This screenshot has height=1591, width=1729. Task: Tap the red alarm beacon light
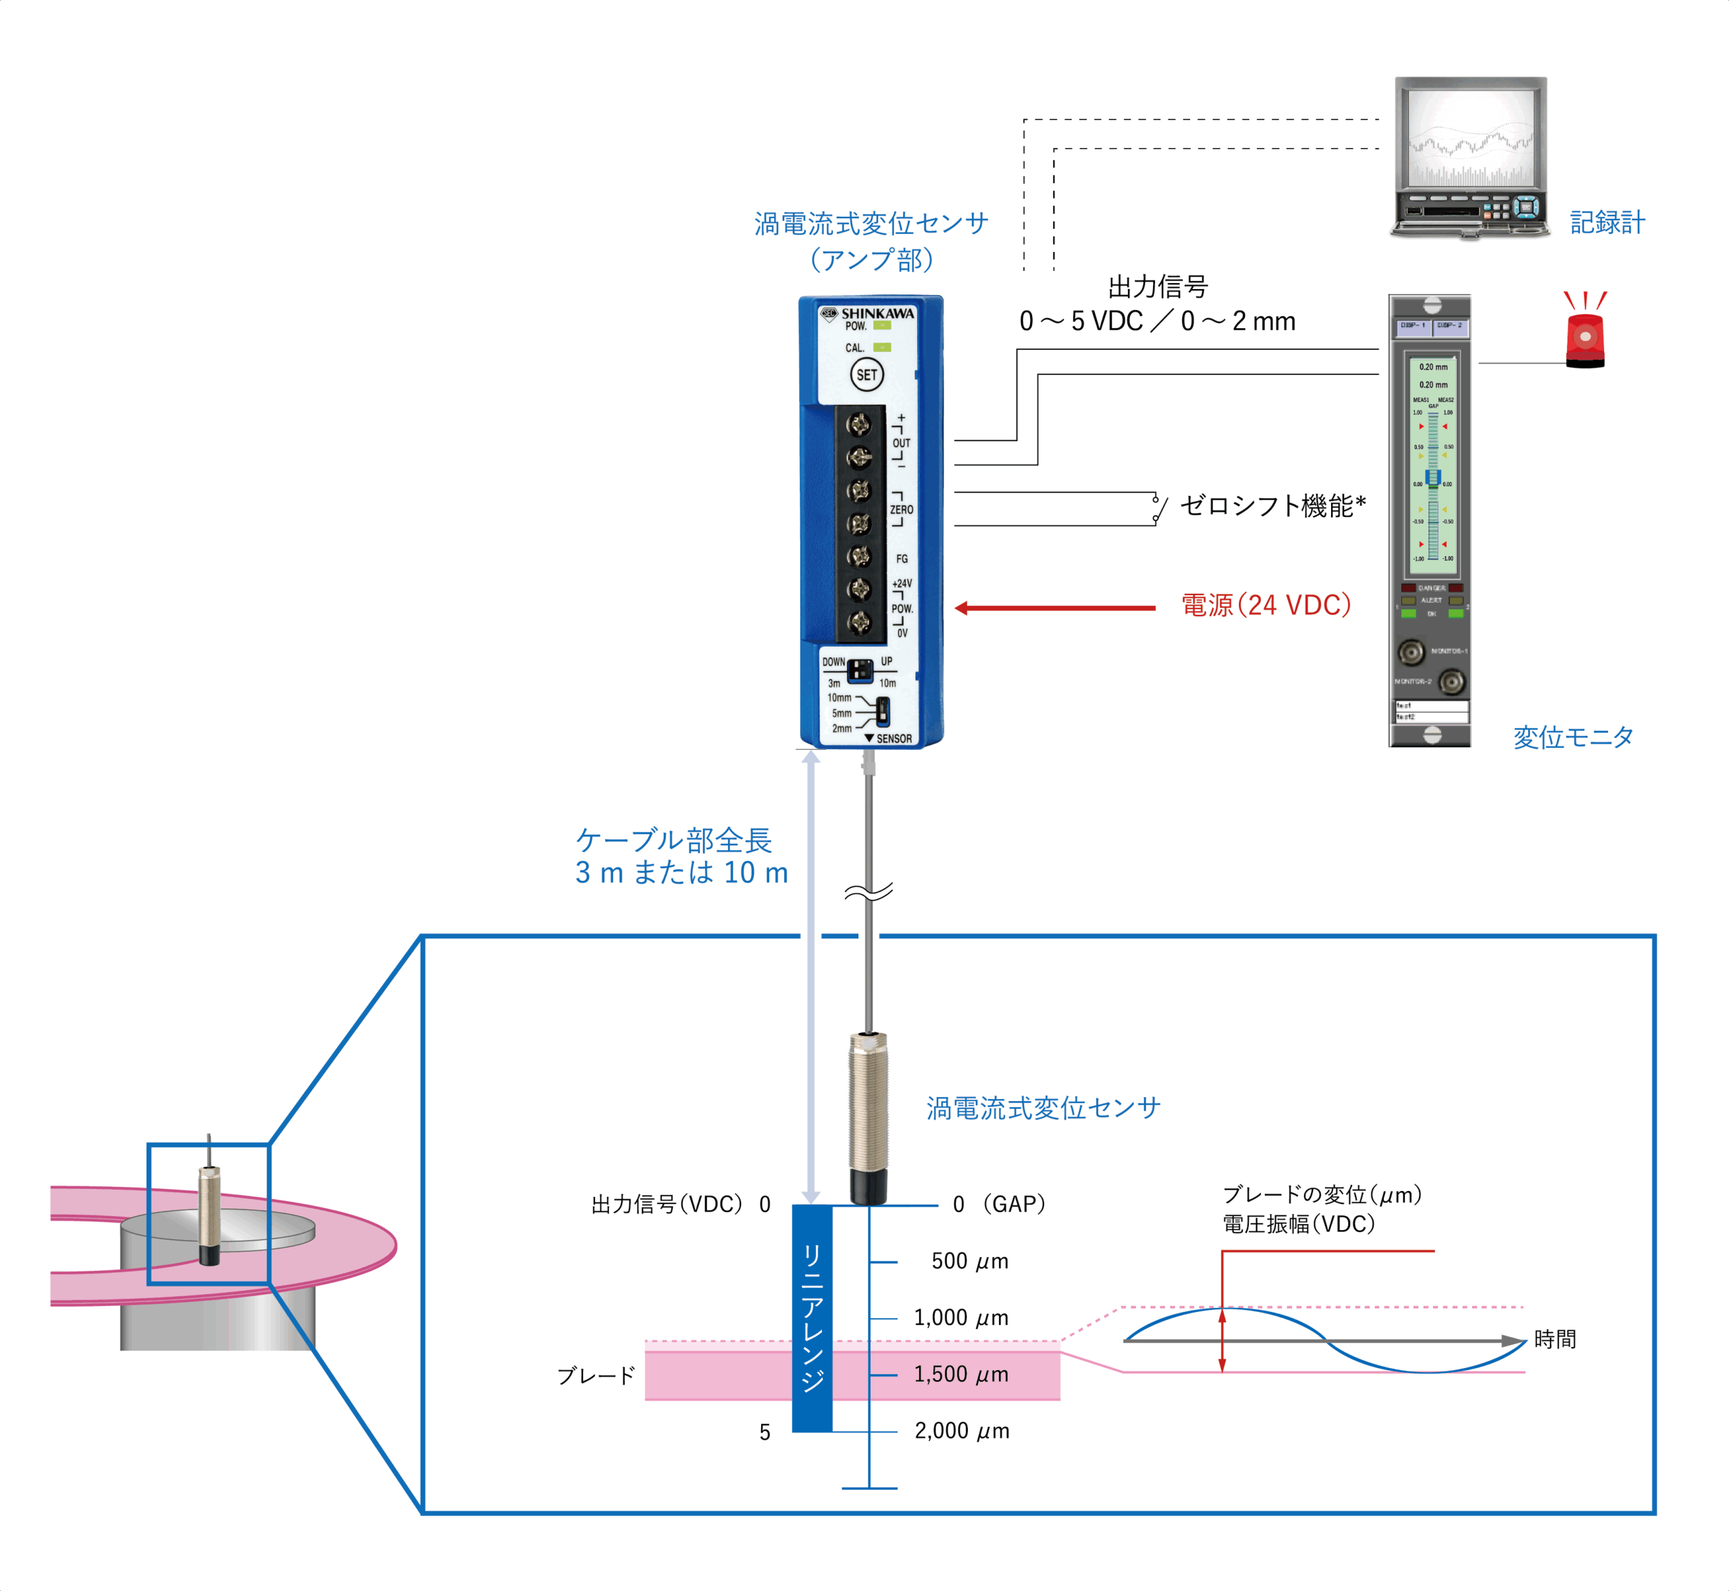coord(1584,338)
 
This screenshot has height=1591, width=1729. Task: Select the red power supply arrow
coord(1054,608)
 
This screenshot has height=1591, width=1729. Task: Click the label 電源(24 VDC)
coord(1265,605)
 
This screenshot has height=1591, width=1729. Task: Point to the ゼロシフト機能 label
coord(1272,505)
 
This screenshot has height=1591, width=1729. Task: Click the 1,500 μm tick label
coord(960,1374)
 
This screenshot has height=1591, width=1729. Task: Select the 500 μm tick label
coord(969,1261)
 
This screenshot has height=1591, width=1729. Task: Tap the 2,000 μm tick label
coord(961,1431)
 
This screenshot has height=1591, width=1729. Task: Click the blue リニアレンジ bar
coord(812,1317)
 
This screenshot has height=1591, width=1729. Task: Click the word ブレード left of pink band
coord(596,1375)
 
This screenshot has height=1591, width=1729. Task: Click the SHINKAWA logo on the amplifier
coord(876,313)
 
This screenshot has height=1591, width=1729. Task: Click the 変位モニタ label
coord(1572,737)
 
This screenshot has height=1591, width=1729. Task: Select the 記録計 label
coord(1607,223)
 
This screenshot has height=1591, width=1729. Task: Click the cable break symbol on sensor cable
coord(869,893)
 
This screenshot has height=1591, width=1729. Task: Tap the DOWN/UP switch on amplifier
coord(859,669)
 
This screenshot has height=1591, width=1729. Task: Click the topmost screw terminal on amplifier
coord(859,424)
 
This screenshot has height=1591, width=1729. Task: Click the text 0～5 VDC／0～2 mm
coord(1157,321)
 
